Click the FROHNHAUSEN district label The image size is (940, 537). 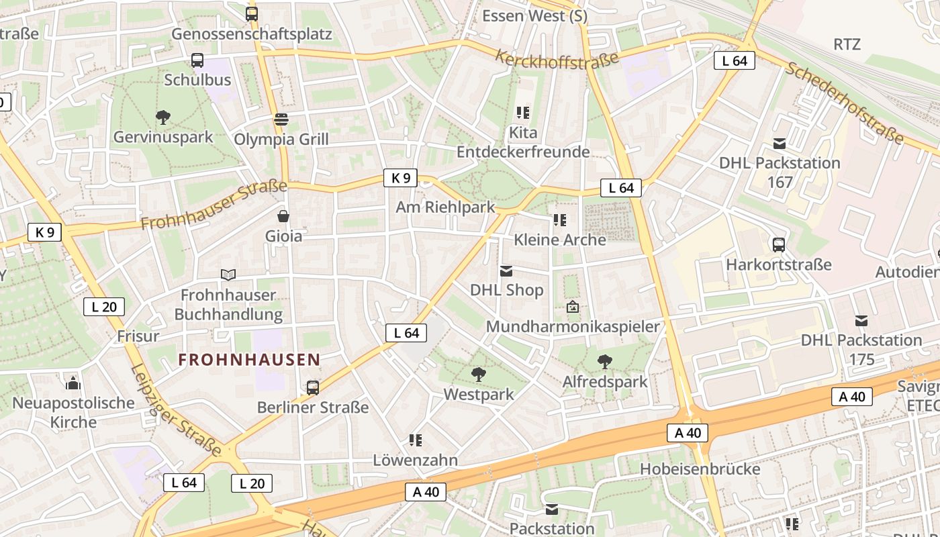(x=248, y=360)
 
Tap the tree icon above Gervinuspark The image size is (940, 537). (x=162, y=118)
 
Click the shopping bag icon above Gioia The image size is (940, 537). (x=283, y=216)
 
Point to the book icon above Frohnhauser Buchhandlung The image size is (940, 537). (x=228, y=275)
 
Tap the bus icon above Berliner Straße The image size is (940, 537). (x=313, y=387)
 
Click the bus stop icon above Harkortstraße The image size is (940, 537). (x=779, y=245)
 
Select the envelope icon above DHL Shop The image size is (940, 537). (x=506, y=271)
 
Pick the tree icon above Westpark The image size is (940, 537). (x=478, y=375)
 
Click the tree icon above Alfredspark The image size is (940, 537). (x=605, y=362)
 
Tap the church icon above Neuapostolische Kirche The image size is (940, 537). (x=73, y=383)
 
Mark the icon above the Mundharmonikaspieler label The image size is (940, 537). (x=573, y=307)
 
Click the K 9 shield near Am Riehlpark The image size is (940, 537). (x=400, y=178)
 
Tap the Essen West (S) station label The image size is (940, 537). (x=534, y=15)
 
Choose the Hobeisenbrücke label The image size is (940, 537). (x=700, y=469)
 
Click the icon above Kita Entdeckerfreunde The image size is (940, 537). (x=523, y=113)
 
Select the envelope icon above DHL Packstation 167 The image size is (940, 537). (x=780, y=144)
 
